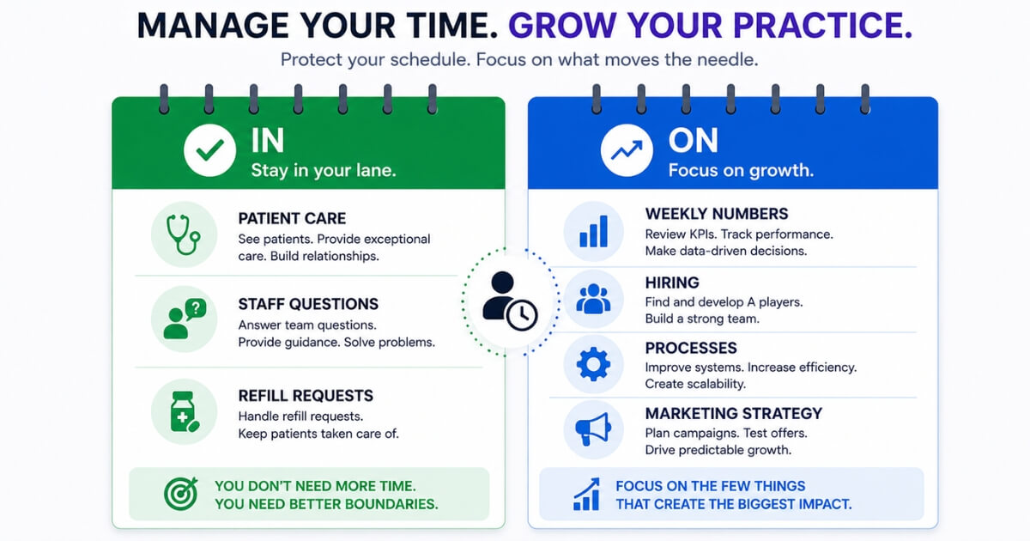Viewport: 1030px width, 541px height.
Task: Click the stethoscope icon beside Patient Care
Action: [x=183, y=234]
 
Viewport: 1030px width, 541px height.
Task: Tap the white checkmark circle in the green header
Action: [x=209, y=150]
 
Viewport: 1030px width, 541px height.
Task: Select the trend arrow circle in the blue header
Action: [x=627, y=150]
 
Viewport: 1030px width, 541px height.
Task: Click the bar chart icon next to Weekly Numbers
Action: [x=594, y=231]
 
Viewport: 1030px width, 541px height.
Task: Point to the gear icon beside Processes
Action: [x=594, y=364]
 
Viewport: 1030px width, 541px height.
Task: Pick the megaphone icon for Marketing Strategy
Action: [x=593, y=429]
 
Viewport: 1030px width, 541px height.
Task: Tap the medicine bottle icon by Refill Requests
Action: [x=185, y=411]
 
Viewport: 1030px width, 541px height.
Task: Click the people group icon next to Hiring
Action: [x=594, y=299]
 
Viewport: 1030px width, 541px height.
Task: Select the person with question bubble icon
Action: [x=185, y=319]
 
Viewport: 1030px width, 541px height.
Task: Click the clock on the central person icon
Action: [x=522, y=315]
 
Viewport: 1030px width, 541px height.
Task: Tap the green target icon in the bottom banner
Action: [x=181, y=494]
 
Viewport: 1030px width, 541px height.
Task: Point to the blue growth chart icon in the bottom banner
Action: [x=587, y=494]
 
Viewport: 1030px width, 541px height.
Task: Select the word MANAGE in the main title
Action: [x=213, y=25]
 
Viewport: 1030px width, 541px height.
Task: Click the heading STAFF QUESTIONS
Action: [x=308, y=304]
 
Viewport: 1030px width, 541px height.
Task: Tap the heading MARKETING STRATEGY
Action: [x=733, y=414]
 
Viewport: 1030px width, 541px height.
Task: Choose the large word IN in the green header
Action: [x=268, y=140]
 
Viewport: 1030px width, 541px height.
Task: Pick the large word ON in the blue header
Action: [x=693, y=140]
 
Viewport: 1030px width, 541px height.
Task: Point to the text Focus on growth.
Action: [x=741, y=171]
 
